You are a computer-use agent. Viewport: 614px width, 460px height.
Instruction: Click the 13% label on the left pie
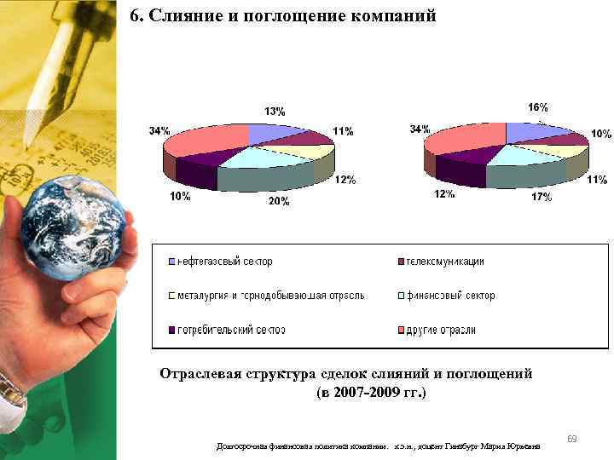(x=275, y=112)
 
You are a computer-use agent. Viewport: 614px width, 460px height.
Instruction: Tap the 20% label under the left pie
(x=279, y=202)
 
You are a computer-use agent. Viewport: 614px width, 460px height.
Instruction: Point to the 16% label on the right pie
(x=537, y=108)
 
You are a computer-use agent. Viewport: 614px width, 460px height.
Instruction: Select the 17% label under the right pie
(x=541, y=197)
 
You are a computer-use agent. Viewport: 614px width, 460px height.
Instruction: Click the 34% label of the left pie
(x=159, y=131)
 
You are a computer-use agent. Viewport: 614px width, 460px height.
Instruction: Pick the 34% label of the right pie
(x=420, y=129)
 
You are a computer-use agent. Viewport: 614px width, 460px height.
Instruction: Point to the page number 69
(x=572, y=439)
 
